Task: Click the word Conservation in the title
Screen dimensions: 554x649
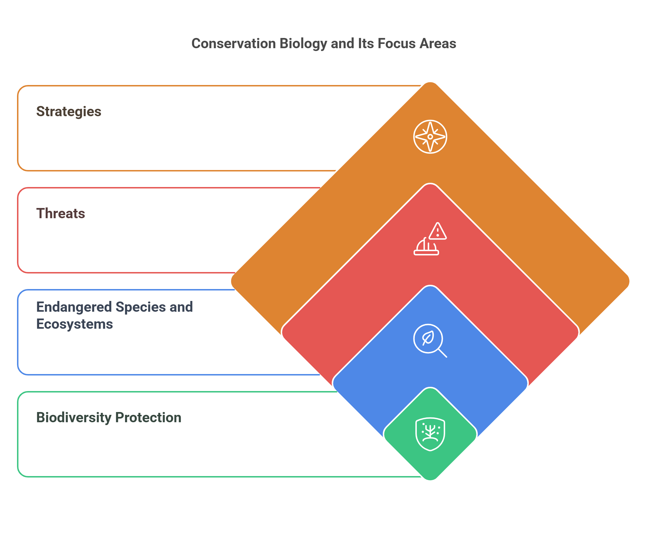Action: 233,44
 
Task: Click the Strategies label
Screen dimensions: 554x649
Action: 69,111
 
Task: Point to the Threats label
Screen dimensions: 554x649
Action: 60,213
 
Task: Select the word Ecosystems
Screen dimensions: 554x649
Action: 75,324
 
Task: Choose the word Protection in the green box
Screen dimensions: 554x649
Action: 148,417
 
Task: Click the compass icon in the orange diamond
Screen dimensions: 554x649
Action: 430,137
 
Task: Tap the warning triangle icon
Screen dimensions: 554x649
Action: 437,231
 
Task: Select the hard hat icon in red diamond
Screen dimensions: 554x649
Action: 426,247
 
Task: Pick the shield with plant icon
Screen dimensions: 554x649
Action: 430,434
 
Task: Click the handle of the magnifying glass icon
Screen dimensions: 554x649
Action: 442,353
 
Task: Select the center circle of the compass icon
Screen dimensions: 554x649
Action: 430,137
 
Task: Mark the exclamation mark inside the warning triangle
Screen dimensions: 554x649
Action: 437,233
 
